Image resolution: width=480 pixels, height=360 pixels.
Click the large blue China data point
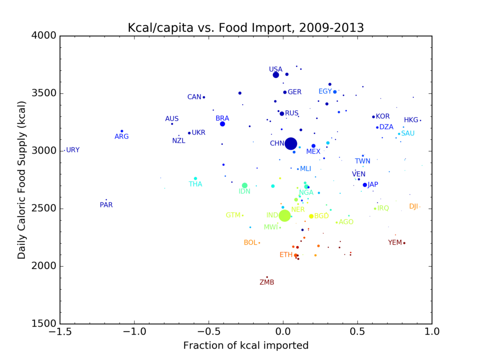tap(291, 143)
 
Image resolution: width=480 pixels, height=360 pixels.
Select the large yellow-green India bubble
tap(285, 216)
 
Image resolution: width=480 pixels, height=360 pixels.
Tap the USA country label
tap(276, 69)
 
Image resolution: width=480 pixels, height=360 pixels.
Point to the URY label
tap(73, 150)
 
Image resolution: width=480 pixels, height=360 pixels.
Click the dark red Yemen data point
tap(404, 243)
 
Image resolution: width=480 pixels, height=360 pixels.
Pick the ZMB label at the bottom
tap(267, 282)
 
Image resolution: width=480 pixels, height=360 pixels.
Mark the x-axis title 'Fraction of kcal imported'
tap(246, 346)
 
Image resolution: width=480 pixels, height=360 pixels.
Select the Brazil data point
tap(222, 124)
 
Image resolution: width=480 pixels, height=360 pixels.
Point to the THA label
tap(195, 184)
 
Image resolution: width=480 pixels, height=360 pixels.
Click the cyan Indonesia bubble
tap(245, 186)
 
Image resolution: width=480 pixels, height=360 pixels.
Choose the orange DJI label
tap(413, 206)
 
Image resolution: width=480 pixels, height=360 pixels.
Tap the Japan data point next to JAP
tap(365, 185)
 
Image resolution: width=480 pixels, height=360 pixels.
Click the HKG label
tap(411, 120)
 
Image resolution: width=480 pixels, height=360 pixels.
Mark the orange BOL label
tap(250, 243)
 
